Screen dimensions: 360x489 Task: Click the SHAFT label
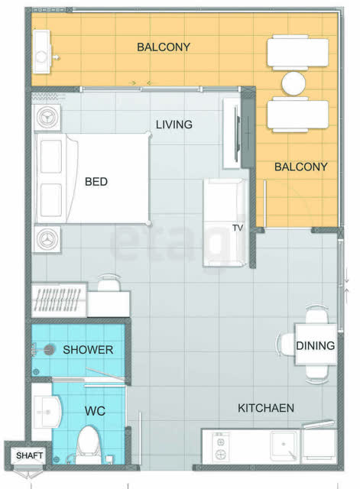point(29,455)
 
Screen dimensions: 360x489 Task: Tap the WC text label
point(95,411)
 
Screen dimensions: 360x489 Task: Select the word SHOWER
point(88,350)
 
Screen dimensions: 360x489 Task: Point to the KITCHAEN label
point(266,408)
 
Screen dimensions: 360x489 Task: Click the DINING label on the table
point(316,345)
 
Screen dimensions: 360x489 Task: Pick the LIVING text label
point(174,125)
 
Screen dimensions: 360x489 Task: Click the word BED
point(96,182)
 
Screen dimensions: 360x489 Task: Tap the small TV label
point(238,228)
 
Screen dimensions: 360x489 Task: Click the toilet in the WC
point(89,445)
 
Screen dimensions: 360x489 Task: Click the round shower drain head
point(49,350)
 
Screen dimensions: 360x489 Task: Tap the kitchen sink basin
point(284,445)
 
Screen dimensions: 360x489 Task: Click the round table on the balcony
point(294,83)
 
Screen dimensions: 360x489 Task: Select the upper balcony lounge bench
point(297,53)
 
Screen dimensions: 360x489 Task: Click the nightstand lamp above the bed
point(47,118)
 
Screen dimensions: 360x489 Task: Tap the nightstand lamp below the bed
point(47,239)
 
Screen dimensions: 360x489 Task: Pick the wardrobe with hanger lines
point(60,300)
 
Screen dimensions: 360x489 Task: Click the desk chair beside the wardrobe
point(109,282)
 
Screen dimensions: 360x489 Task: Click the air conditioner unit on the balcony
point(42,52)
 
